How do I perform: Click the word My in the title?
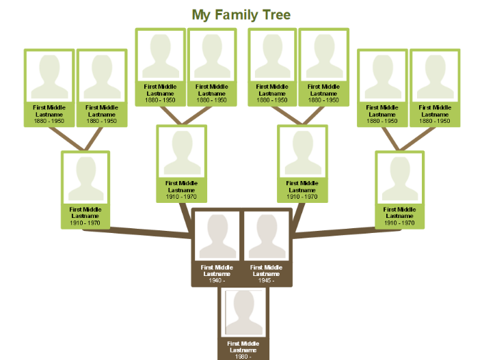tap(200, 15)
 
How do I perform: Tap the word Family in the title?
tap(232, 15)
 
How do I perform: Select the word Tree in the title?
tap(273, 15)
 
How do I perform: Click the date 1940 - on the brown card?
tap(217, 280)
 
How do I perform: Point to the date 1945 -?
tap(266, 280)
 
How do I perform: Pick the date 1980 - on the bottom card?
tap(243, 356)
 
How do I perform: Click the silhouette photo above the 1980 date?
tap(243, 313)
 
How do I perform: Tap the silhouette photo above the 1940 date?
tap(217, 236)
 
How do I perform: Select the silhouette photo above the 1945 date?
tap(266, 236)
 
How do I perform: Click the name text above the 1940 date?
tap(217, 271)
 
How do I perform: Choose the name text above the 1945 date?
tap(266, 271)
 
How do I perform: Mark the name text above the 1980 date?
tap(243, 346)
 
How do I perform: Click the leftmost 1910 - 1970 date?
tap(85, 223)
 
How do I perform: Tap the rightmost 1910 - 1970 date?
tap(399, 223)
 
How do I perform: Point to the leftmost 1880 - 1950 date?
tap(49, 122)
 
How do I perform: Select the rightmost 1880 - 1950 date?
tap(435, 122)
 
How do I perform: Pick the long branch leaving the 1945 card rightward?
tap(342, 232)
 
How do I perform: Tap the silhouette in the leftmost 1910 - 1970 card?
tap(85, 178)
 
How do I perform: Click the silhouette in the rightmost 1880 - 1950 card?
tap(435, 77)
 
